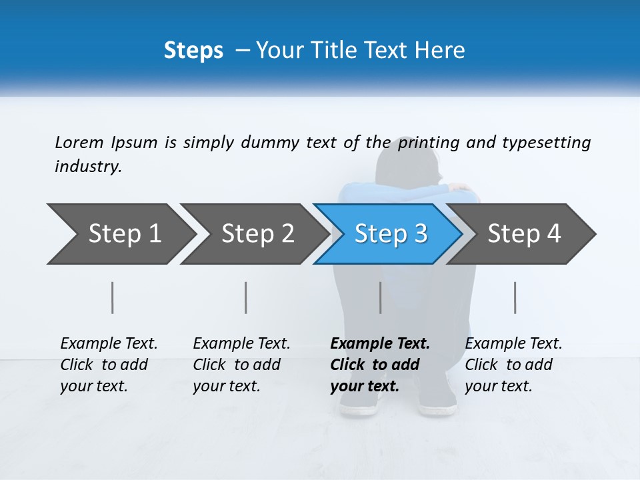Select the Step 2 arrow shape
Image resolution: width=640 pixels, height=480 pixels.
[257, 234]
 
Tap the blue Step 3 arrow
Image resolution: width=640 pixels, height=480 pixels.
[390, 234]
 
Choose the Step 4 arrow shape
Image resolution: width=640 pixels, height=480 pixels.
[523, 234]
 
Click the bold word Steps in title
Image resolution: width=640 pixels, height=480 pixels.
[193, 50]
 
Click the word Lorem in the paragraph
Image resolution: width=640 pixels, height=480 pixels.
[79, 142]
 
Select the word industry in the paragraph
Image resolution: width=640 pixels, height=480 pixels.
[87, 166]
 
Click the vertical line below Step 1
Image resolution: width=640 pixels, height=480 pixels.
[113, 297]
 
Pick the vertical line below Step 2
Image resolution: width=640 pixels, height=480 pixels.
[246, 297]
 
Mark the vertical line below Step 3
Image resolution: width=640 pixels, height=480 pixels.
[380, 297]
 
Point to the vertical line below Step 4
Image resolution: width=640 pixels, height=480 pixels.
[515, 297]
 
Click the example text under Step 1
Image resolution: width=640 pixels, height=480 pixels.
[109, 365]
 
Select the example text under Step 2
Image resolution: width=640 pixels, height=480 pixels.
[241, 365]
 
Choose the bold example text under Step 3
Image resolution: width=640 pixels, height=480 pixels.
[380, 365]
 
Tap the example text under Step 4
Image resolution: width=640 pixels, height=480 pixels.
[513, 365]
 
